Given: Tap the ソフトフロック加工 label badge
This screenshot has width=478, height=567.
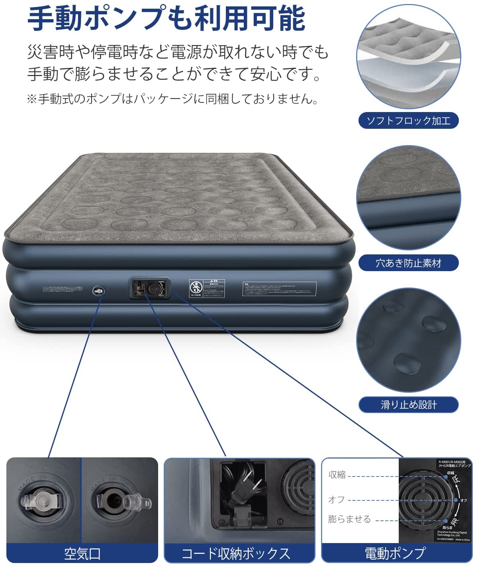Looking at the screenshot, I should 408,121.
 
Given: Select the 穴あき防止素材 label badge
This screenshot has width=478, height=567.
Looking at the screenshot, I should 408,263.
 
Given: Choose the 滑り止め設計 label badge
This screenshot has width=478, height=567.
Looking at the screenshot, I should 408,405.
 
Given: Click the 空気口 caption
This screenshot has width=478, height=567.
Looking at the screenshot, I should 82,553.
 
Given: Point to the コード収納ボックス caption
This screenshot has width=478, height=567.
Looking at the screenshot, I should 236,553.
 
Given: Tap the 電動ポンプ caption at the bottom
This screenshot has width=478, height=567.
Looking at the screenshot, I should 395,553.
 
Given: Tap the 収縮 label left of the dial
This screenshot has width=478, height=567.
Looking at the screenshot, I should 337,474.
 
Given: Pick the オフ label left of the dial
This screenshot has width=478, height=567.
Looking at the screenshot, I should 336,500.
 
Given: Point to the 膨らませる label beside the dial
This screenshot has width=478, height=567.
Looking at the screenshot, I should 349,519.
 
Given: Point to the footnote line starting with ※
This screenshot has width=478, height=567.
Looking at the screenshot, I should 172,98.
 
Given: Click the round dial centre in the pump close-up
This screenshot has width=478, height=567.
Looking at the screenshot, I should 427,500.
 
